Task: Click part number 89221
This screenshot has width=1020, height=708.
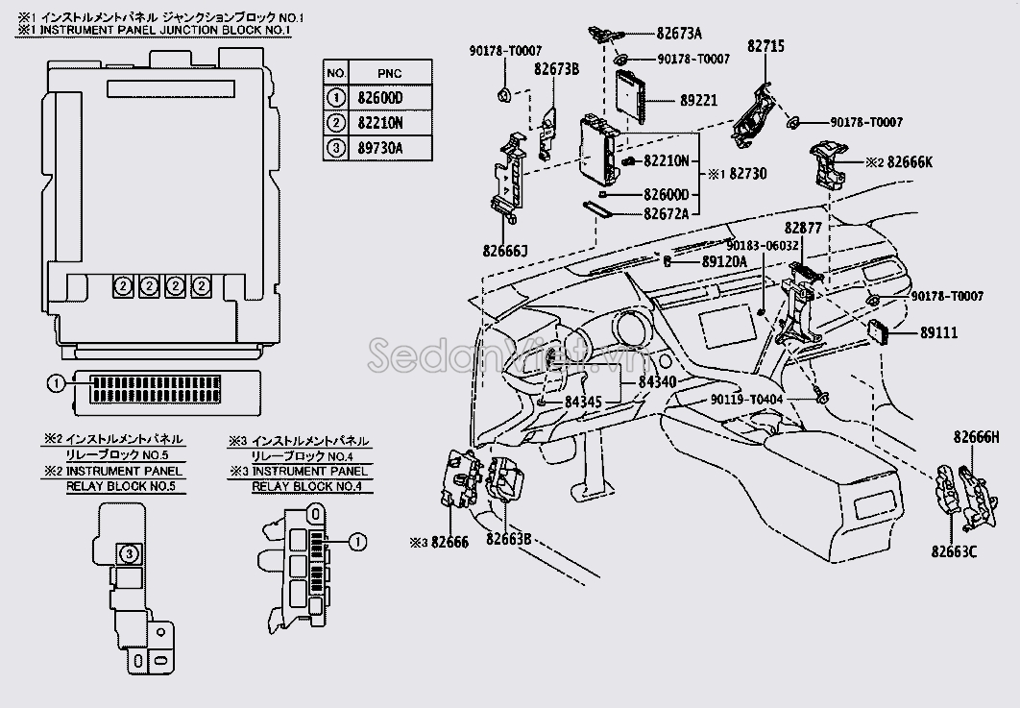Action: (x=698, y=100)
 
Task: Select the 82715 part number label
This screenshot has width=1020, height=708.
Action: (x=765, y=45)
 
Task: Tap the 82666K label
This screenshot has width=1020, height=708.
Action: (x=910, y=162)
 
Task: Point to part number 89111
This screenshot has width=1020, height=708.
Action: (x=938, y=332)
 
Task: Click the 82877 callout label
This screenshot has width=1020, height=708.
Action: (x=803, y=228)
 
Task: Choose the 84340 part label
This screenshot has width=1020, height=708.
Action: (x=657, y=382)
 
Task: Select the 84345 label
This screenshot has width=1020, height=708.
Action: (x=583, y=403)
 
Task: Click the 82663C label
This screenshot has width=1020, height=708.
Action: (x=954, y=551)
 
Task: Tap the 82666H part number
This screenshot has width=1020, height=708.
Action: (x=977, y=437)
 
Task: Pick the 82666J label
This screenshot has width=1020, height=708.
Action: (x=505, y=251)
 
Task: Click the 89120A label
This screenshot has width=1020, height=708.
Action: (x=724, y=261)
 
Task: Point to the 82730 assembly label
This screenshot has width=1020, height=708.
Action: (x=747, y=174)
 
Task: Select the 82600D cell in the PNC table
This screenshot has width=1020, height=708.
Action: (x=380, y=98)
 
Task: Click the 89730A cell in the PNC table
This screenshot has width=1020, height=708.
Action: (x=380, y=148)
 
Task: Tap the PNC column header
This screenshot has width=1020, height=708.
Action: (x=389, y=74)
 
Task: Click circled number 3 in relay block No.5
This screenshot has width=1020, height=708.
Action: (x=130, y=554)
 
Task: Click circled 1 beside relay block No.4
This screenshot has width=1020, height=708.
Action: (x=358, y=542)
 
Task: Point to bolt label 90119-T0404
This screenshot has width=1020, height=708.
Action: (x=746, y=400)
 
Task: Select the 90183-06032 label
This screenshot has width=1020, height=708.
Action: (x=763, y=245)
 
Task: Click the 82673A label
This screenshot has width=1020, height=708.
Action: (x=679, y=34)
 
